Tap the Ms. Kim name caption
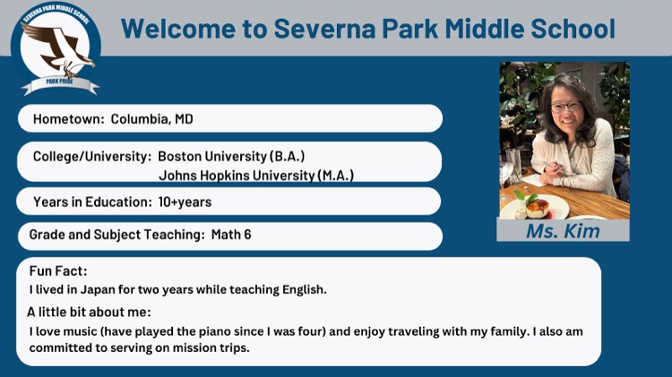[x=564, y=231]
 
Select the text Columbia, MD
[x=152, y=119]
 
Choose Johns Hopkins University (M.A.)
[x=255, y=175]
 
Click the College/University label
[x=91, y=156]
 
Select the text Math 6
[x=231, y=236]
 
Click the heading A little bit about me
[x=89, y=312]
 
